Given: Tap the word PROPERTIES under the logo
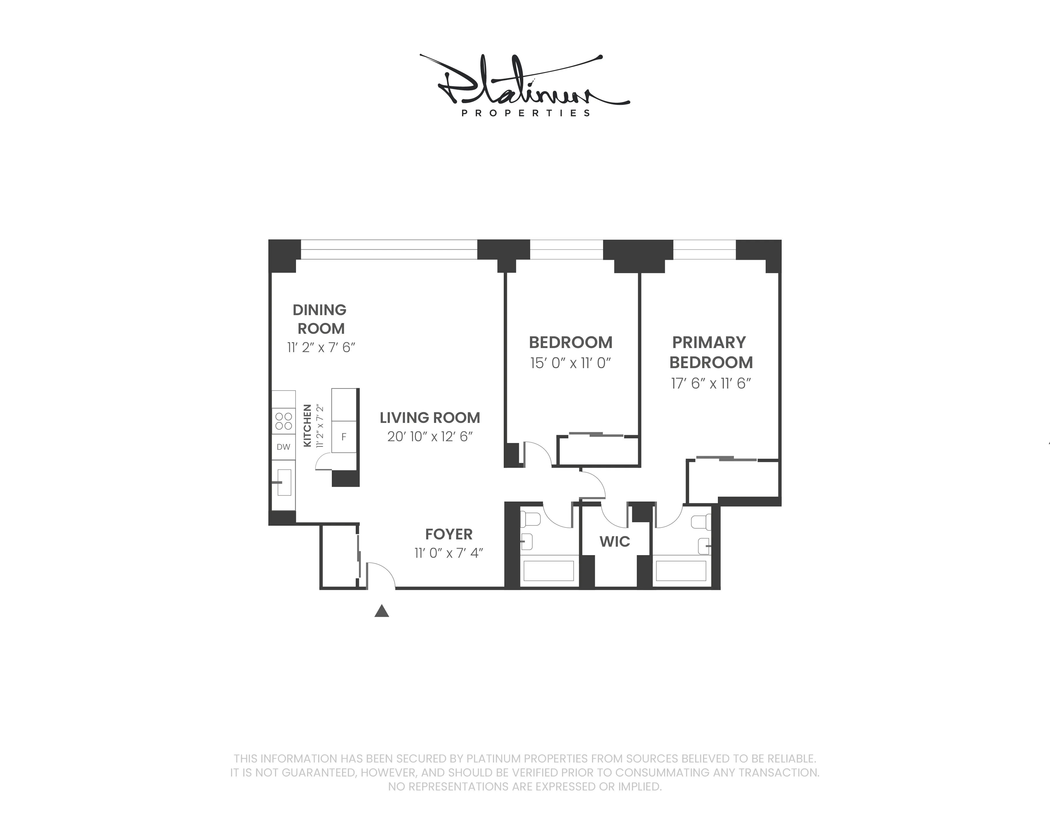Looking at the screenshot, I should click(x=526, y=113).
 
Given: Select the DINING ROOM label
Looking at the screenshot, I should click(x=320, y=319).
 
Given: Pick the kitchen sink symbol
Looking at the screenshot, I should click(x=284, y=482).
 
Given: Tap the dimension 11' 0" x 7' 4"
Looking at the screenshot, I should click(x=449, y=553).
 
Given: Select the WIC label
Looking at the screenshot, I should click(x=614, y=542).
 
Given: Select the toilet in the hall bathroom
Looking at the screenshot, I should click(x=531, y=519).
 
